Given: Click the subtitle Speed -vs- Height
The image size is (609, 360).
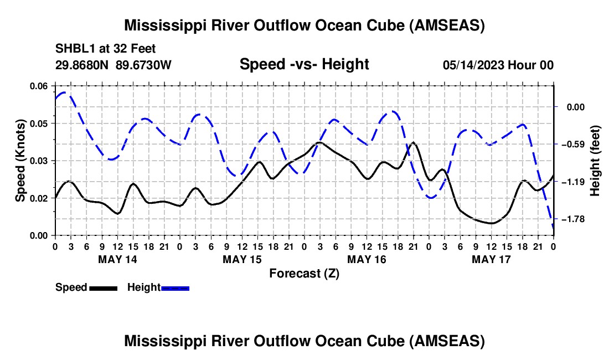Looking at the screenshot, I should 304,65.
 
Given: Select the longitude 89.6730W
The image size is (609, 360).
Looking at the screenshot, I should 143,65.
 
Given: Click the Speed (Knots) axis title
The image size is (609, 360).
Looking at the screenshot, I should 20,161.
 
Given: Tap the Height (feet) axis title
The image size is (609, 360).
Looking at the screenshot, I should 595,161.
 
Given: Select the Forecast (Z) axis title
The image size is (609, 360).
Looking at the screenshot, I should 304,273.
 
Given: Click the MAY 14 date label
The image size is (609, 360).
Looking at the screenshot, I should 117,259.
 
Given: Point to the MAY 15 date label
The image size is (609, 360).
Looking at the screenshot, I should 242,259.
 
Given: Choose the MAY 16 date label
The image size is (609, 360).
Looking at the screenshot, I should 367,259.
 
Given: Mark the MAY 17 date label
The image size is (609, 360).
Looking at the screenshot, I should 491,259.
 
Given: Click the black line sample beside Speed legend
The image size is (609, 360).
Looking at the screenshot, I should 102,287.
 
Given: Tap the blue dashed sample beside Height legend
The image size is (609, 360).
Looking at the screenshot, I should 175,287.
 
